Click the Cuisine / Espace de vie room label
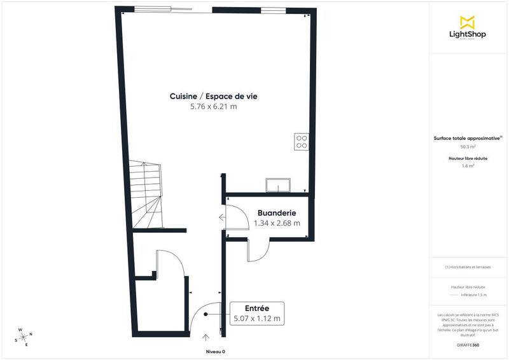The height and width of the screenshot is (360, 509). (x=213, y=96)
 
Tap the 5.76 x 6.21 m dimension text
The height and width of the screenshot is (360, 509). (x=213, y=107)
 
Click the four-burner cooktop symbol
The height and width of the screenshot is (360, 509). (x=302, y=142)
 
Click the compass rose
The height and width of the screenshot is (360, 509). (x=24, y=336)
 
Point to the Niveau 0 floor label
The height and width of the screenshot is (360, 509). (x=215, y=352)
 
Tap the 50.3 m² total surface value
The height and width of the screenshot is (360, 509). (x=468, y=146)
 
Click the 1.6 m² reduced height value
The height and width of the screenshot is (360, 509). (x=468, y=166)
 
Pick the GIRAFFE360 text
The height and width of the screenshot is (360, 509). (x=468, y=345)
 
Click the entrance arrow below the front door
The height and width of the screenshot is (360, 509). (x=205, y=337)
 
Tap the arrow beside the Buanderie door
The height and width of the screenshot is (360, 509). (x=221, y=218)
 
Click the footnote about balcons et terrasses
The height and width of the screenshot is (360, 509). (x=468, y=267)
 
